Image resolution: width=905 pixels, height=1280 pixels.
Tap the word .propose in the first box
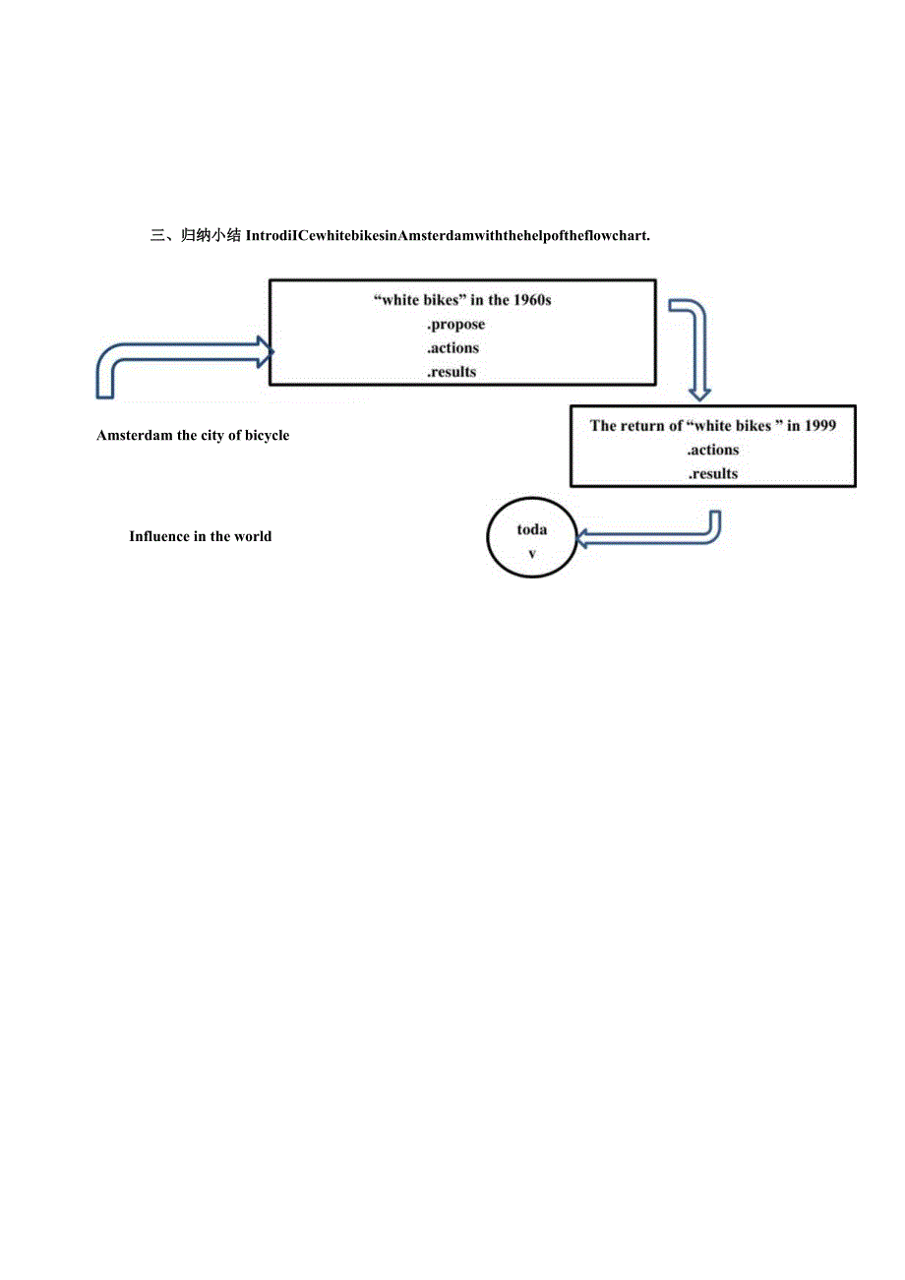coord(455,324)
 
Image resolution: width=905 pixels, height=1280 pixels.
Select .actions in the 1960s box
coord(452,348)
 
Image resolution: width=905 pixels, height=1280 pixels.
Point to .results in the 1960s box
coord(451,372)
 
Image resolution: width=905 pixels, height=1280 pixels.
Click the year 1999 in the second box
coord(819,426)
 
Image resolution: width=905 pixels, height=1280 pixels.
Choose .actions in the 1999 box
coord(713,450)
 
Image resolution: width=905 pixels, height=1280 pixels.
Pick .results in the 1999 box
coord(712,473)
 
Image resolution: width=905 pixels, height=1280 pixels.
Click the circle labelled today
coord(532,540)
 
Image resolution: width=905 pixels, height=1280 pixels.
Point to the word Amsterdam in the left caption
coord(134,435)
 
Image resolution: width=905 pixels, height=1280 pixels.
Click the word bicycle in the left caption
coord(266,435)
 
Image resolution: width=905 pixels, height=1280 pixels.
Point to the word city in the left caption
coord(217,435)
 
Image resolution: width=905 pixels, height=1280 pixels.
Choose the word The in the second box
coord(603,426)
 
